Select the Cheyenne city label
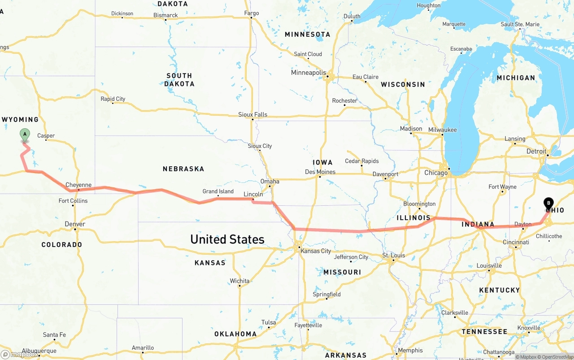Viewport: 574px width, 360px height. (78, 185)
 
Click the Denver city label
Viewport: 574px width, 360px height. (75, 224)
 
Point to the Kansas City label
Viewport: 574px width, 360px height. (316, 251)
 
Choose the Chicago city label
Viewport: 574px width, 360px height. (436, 173)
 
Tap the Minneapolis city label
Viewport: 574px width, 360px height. (309, 73)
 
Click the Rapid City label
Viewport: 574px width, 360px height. (113, 99)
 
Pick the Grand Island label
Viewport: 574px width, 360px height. (218, 191)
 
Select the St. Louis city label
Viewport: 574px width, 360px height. (393, 255)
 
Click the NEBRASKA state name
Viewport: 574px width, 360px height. (183, 169)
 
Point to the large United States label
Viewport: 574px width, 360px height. (227, 239)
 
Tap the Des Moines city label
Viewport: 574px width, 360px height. (320, 172)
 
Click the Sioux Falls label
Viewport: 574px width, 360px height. (252, 114)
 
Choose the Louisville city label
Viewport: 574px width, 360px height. (489, 265)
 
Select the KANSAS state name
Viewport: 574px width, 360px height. (210, 263)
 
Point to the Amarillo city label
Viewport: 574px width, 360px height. (143, 347)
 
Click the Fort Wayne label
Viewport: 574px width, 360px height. (502, 187)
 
